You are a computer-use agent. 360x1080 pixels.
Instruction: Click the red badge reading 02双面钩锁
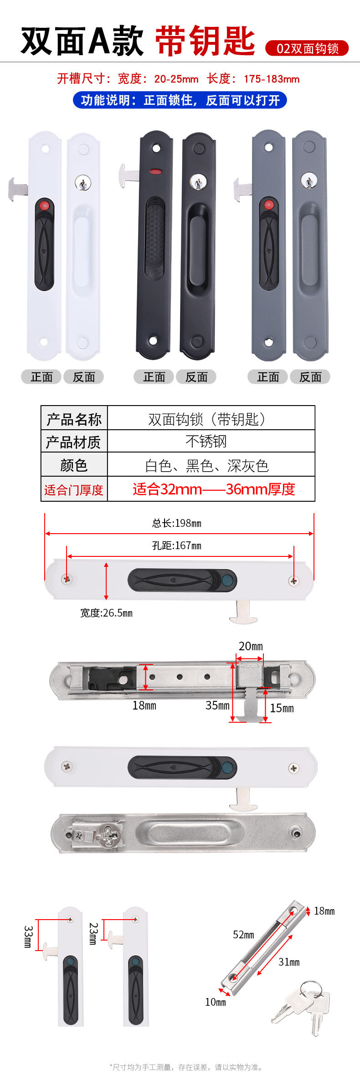click(x=307, y=48)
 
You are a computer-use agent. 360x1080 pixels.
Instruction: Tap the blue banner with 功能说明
click(x=180, y=100)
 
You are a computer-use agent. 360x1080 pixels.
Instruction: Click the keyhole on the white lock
click(x=82, y=183)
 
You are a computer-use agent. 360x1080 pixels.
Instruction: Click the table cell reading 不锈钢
click(x=206, y=441)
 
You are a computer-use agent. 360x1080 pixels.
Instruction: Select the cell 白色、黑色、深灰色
click(x=206, y=465)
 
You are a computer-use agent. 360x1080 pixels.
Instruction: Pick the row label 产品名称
click(x=74, y=419)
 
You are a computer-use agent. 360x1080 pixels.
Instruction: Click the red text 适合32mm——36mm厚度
click(x=214, y=489)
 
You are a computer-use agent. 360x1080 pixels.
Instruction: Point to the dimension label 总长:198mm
click(x=176, y=523)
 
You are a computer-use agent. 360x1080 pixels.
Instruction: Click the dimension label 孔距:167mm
click(x=176, y=545)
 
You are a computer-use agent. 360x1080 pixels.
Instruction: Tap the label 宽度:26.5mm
click(x=106, y=613)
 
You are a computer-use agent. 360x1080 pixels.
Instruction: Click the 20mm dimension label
click(x=251, y=646)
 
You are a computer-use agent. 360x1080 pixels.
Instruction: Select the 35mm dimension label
click(x=217, y=705)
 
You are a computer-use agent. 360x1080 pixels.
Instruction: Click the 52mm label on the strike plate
click(x=243, y=935)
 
